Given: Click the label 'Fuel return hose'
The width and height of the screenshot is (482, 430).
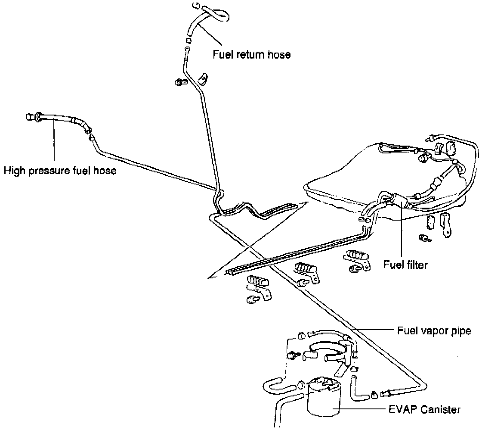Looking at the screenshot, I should [x=252, y=55].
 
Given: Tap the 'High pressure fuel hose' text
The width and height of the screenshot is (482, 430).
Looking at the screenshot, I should [x=60, y=171].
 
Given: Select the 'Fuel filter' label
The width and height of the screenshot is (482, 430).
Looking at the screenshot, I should [x=405, y=265].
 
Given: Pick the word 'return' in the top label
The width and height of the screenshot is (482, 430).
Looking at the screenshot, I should [x=250, y=55].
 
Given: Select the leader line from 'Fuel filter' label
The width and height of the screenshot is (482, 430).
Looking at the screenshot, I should [x=402, y=233].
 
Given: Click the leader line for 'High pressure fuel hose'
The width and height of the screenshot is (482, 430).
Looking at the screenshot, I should [x=54, y=142].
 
